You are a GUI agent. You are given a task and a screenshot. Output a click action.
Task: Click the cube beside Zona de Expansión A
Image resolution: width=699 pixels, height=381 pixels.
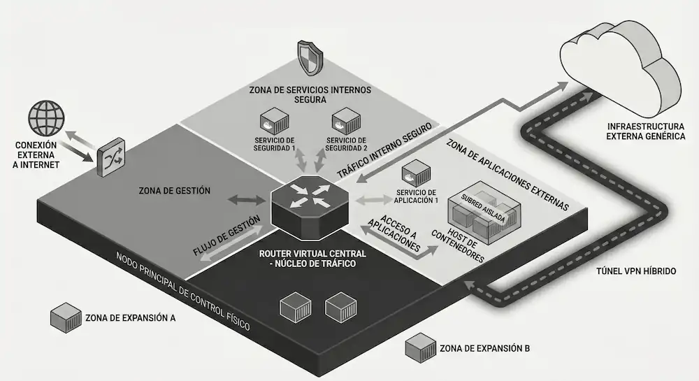pyautogui.click(x=65, y=317)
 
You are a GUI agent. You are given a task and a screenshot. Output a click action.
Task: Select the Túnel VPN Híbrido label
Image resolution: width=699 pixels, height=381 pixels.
pyautogui.click(x=636, y=270)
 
